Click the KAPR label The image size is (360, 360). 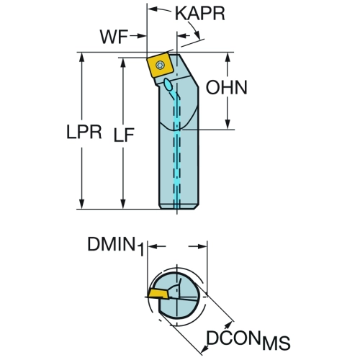click(x=200, y=14)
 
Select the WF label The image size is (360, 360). click(x=114, y=37)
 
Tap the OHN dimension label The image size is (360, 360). click(x=227, y=88)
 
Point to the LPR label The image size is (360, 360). click(x=84, y=132)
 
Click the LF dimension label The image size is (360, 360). click(x=124, y=135)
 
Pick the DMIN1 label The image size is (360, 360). click(x=116, y=246)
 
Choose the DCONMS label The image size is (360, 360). click(x=248, y=340)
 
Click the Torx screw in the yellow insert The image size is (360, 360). click(x=159, y=65)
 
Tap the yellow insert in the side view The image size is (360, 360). click(x=159, y=66)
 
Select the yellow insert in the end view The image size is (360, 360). click(x=158, y=294)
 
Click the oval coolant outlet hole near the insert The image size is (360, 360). click(x=168, y=84)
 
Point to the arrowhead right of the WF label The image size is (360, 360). click(x=142, y=36)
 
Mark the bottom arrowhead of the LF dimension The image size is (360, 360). click(x=123, y=203)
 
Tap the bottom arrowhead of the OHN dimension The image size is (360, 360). click(x=228, y=125)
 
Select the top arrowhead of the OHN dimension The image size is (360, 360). click(x=228, y=58)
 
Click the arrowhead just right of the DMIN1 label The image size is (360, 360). click(x=153, y=246)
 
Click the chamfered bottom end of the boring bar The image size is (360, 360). click(x=179, y=206)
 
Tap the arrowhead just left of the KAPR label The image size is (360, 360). click(x=153, y=9)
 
